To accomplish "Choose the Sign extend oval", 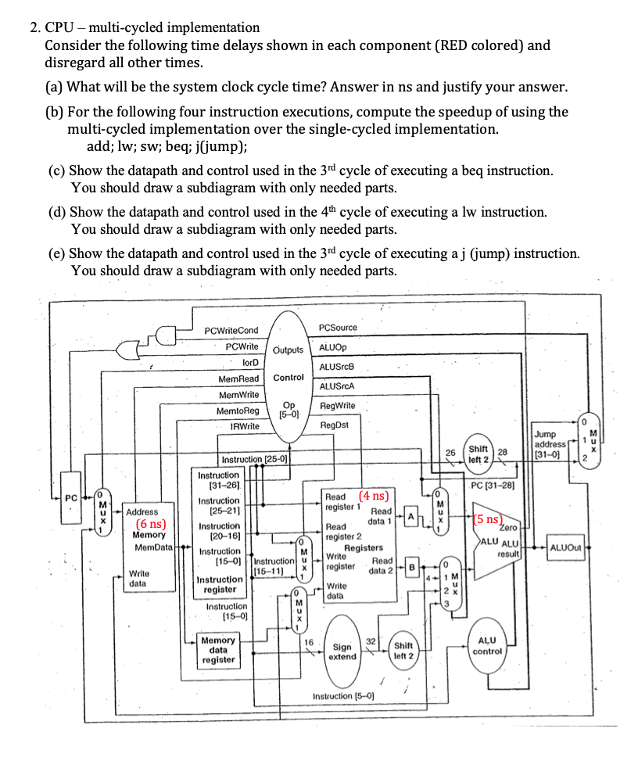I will [x=342, y=651].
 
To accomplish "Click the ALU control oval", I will [x=487, y=645].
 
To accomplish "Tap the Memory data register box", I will [x=218, y=650].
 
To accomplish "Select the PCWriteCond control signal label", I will [x=231, y=331].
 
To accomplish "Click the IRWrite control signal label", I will [x=245, y=426].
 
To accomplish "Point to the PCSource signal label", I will [x=339, y=327].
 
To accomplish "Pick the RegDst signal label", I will [x=335, y=425].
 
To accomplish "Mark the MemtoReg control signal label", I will [x=238, y=411].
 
